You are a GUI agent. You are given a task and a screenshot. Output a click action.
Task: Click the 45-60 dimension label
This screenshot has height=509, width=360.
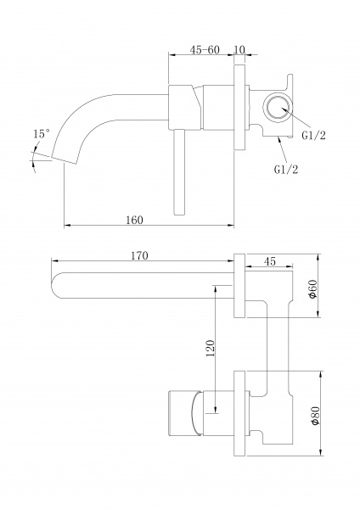click(x=205, y=50)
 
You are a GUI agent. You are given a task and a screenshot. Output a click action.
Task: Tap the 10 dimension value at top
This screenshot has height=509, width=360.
click(x=239, y=50)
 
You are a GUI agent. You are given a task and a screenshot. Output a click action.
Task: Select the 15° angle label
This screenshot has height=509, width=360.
click(x=42, y=134)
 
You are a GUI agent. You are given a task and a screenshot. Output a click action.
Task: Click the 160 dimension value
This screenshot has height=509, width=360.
click(x=134, y=220)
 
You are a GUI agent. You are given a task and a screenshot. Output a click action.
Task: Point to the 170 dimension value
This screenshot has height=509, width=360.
click(x=139, y=256)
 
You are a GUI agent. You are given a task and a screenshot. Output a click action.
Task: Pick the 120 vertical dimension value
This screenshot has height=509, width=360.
click(x=211, y=348)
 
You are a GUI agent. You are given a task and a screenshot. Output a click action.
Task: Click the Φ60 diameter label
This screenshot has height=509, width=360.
click(x=312, y=288)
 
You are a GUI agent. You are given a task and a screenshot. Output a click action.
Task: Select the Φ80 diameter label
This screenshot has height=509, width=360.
click(x=315, y=415)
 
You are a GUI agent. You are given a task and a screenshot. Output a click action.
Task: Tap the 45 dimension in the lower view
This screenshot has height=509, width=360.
click(x=270, y=261)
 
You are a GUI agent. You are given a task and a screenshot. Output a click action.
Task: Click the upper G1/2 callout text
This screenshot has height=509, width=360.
click(x=313, y=136)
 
